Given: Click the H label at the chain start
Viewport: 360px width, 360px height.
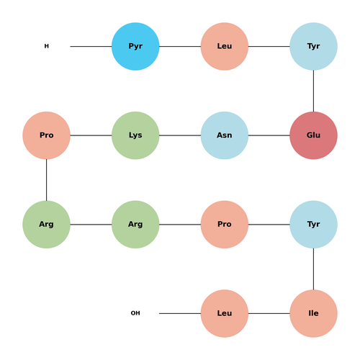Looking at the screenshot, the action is [x=47, y=46].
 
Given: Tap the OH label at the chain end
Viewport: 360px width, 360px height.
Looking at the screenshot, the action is [x=135, y=313].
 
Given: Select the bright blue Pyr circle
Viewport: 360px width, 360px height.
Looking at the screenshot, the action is [x=135, y=46].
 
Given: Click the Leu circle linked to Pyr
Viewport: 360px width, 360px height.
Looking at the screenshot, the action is [x=225, y=46].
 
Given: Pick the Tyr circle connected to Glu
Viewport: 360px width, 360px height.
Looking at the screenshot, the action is [x=313, y=46].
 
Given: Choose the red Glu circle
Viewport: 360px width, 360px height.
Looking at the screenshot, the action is [x=313, y=135].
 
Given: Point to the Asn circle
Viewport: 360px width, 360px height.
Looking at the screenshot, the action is [x=225, y=135].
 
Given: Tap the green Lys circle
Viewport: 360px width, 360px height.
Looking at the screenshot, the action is [x=135, y=135].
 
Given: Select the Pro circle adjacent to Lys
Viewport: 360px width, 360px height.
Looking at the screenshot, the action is [x=46, y=135].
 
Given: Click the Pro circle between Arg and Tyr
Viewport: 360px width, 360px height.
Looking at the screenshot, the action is [x=225, y=225].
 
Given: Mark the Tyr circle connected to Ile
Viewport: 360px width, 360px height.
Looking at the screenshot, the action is [x=313, y=225].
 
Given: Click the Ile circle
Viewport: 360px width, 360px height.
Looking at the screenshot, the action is [x=313, y=313].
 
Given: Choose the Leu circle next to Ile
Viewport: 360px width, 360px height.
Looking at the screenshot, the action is [x=225, y=313].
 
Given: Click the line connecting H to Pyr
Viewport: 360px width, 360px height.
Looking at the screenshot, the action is [x=91, y=46].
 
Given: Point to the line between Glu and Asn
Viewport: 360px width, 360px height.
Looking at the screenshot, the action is [x=269, y=135].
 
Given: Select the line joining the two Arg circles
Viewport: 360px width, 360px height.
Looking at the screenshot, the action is [x=91, y=225].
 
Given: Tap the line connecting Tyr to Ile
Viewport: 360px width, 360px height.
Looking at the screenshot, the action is [x=313, y=269].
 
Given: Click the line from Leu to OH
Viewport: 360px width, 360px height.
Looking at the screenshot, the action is [x=180, y=313].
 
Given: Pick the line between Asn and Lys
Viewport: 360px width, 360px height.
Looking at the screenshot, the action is [x=180, y=135].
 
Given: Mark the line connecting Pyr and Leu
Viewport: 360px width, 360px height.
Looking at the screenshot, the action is [x=180, y=46].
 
